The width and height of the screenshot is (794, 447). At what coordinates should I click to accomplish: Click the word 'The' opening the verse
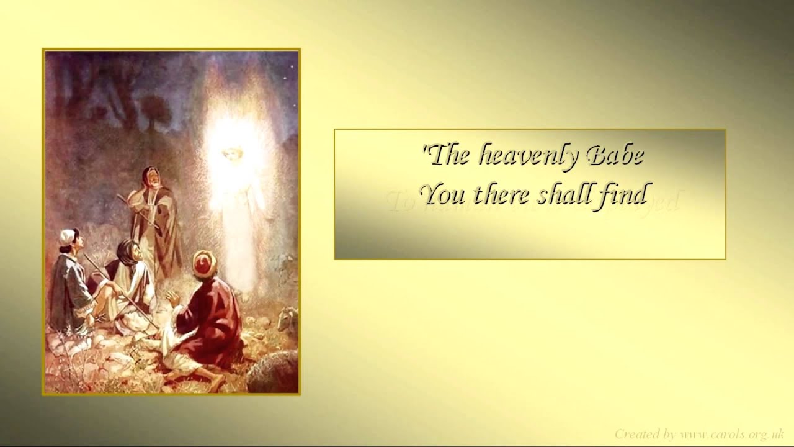coord(447,155)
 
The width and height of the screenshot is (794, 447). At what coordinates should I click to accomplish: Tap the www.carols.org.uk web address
coord(732,433)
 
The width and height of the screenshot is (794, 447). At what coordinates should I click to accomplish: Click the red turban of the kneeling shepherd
coord(203,263)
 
